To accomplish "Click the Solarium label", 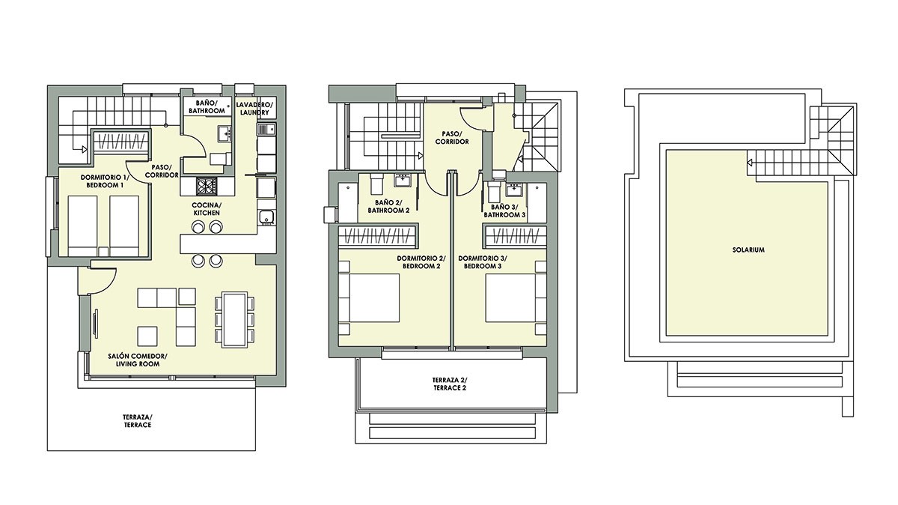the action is tap(748, 250).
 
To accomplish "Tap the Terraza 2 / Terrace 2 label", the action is tap(450, 384).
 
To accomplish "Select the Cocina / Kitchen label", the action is tap(207, 209).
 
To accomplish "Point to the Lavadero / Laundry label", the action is tap(254, 109).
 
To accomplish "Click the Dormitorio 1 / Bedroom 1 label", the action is tap(105, 181).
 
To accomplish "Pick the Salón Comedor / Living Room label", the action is tap(138, 360).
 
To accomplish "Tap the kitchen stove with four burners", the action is tap(207, 187).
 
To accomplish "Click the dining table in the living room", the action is tap(234, 319).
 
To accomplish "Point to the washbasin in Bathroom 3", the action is tap(513, 189).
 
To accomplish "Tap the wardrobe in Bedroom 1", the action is tap(122, 141).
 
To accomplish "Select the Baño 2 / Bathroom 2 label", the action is tap(388, 206).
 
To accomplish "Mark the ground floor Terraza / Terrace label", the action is tap(138, 421).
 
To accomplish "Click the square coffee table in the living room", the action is tap(147, 336).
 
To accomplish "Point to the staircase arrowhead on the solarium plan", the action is tap(750, 163).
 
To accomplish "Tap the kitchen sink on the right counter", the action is tap(266, 217).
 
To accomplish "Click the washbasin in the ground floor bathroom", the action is tap(224, 133).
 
